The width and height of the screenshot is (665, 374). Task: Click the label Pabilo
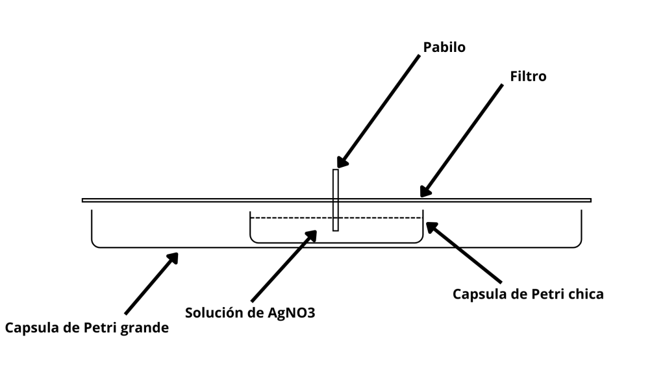coord(444,47)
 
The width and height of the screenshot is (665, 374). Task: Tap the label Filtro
coord(528,76)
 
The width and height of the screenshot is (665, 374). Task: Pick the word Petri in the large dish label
coord(97,328)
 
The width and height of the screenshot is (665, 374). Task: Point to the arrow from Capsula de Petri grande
coord(150,284)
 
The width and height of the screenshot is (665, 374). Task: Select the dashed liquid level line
coord(286,217)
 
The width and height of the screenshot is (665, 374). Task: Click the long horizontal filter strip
coord(195,200)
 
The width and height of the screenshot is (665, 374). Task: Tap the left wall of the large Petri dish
coord(92,226)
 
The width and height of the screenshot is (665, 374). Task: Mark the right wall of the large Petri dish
coord(581,226)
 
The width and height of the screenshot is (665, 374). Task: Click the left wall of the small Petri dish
coord(251,226)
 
